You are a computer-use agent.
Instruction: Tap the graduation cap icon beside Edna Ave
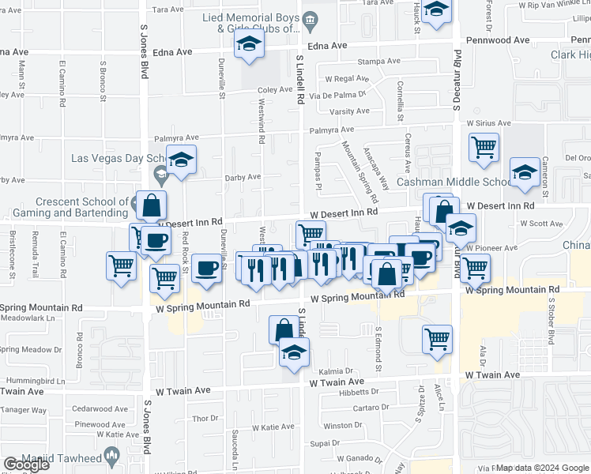click(x=250, y=46)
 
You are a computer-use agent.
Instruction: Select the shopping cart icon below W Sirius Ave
click(x=484, y=147)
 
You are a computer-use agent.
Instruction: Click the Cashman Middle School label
click(x=454, y=182)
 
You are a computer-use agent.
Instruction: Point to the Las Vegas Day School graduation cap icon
click(x=182, y=162)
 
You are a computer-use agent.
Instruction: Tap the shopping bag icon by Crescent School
click(x=150, y=206)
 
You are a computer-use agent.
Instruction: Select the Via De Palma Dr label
click(x=340, y=95)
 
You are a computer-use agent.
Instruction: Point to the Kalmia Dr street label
click(x=337, y=371)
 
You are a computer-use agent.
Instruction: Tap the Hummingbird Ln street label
click(x=32, y=380)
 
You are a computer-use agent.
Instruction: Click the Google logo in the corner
click(x=26, y=465)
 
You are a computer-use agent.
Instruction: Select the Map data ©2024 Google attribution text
click(x=542, y=468)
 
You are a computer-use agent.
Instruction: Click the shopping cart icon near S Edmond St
click(x=437, y=339)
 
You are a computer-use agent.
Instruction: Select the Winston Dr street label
click(x=342, y=425)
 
